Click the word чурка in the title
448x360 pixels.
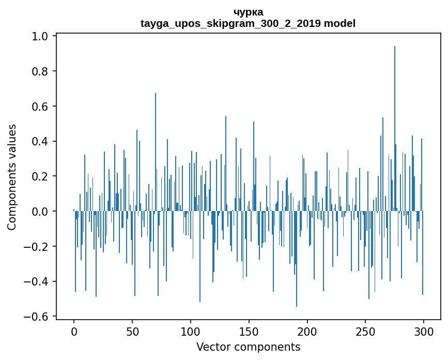pos(248,12)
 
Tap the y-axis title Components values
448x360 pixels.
pos(12,177)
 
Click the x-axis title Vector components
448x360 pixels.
pos(248,347)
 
